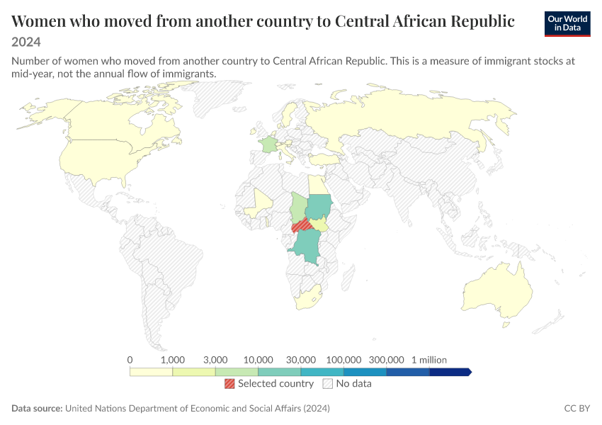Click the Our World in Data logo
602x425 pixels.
pos(567,24)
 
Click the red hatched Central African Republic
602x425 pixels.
pos(302,225)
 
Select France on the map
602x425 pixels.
pos(267,144)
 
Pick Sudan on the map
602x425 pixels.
pos(319,207)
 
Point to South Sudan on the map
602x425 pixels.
pos(319,225)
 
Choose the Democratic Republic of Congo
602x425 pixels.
pos(307,247)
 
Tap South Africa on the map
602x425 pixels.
pos(307,297)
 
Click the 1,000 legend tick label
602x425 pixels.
pos(173,360)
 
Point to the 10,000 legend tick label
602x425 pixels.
pos(259,360)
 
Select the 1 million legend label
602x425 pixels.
pos(429,360)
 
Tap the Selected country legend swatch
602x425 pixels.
pos(229,383)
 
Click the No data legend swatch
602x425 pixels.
pos(328,383)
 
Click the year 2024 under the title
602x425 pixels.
pos(26,42)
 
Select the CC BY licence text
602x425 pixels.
pos(577,408)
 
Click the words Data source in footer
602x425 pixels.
pos(37,408)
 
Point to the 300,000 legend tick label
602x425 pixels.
pos(387,360)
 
